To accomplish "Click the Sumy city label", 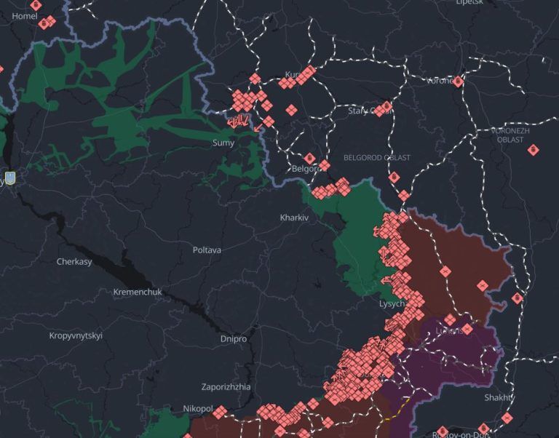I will [223, 143].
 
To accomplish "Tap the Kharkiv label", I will [294, 218].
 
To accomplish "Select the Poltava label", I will [207, 250].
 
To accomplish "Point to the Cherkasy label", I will [74, 261].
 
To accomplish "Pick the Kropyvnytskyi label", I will [76, 335].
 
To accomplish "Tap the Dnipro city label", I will [233, 339].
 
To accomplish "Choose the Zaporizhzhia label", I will [226, 387].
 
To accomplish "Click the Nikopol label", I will [197, 409].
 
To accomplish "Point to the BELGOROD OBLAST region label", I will [377, 158].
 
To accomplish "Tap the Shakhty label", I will [500, 397].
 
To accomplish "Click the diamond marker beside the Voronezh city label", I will [458, 81].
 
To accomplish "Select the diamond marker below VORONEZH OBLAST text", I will [533, 150].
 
